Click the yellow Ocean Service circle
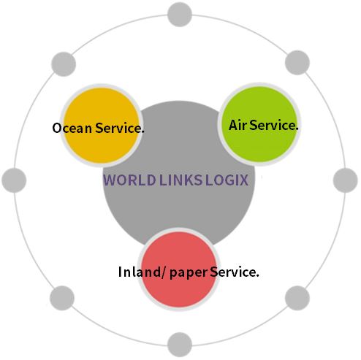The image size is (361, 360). pos(101,126)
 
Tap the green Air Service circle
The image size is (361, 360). pos(259,124)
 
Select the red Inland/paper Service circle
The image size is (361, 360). pos(179,269)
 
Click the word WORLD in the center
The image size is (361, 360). pos(129,180)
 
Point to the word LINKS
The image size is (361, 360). pos(180,180)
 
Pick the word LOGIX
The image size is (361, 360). pos(227,180)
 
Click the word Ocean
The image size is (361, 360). pos(72,128)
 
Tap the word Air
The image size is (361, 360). pos(238,125)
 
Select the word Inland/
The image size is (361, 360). pos(142,272)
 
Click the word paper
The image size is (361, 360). pos(189,273)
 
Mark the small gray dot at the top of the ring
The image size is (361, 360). pos(180,14)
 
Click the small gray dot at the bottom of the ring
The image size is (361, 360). pos(180,345)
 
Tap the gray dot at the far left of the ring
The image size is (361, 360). pos(14,180)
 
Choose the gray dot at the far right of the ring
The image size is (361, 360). pos(346,180)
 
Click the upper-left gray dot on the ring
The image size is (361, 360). pos(64,64)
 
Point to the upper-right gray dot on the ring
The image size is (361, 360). pos(297,63)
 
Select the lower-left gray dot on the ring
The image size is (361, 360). pos(62,298)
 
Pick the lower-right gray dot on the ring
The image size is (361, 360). pos(297,298)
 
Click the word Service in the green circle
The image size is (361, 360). pos(274,125)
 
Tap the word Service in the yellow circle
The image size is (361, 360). pos(120,128)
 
